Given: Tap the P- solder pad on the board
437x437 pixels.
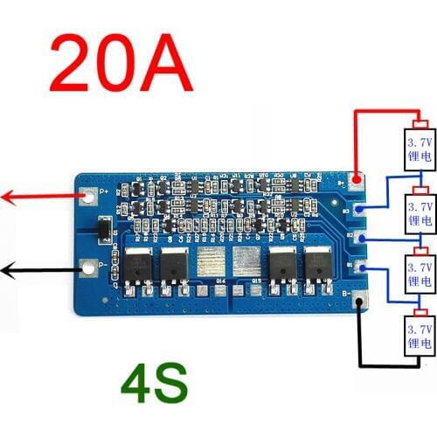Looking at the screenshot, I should click(x=88, y=266).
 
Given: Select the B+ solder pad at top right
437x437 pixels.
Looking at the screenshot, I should click(x=356, y=181).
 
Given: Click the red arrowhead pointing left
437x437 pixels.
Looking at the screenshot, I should click(x=7, y=198).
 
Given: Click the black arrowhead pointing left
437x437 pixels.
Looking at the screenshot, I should click(x=7, y=271).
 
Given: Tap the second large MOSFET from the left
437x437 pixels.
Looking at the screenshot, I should click(x=173, y=263).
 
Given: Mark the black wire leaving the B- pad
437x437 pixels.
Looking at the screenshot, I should click(x=359, y=341).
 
